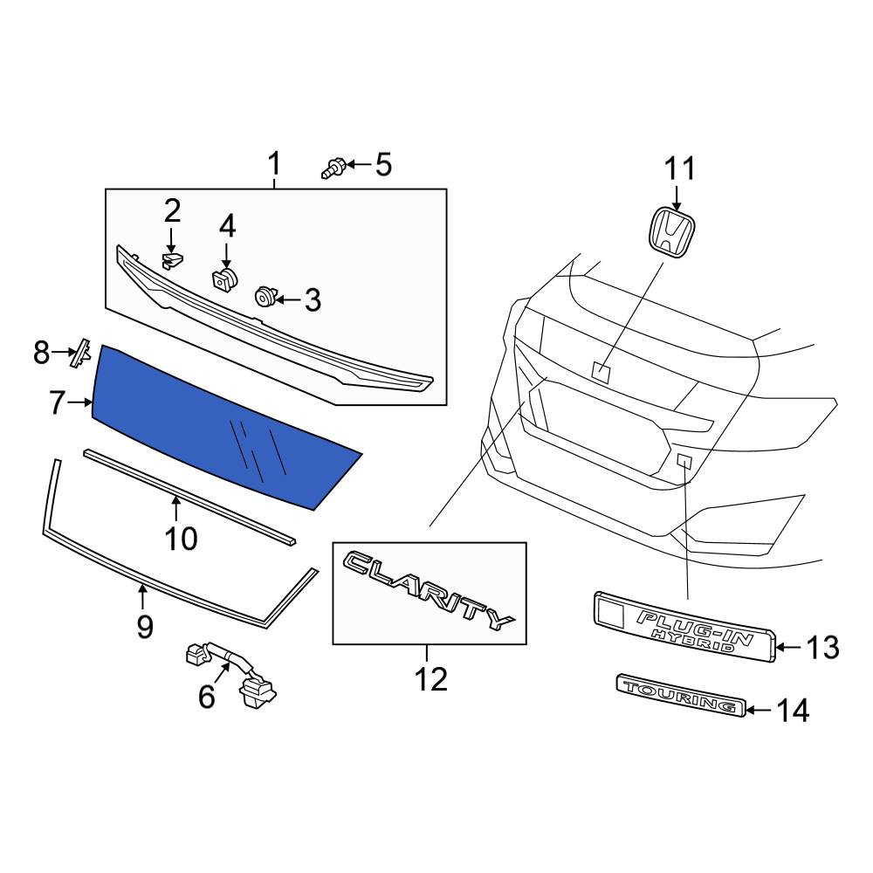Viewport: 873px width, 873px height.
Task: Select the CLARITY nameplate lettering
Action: [x=429, y=590]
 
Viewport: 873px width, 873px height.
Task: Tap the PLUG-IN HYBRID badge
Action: [x=684, y=627]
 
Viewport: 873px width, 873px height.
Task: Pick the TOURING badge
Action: [x=680, y=696]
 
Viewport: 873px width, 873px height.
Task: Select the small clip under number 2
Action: [x=172, y=260]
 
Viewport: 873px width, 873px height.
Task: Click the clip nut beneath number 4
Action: [x=225, y=278]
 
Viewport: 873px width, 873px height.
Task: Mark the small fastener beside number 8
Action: [x=81, y=352]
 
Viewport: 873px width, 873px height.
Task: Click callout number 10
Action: [x=181, y=539]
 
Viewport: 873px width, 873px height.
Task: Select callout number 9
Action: [x=144, y=627]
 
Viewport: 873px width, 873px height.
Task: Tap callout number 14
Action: [x=793, y=711]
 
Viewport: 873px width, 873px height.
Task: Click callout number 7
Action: [x=57, y=403]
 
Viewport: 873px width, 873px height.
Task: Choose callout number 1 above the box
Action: [x=274, y=164]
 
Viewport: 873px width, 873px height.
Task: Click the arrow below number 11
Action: [x=677, y=198]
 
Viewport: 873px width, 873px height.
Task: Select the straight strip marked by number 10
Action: [x=189, y=497]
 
